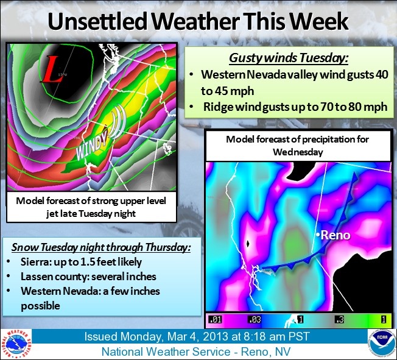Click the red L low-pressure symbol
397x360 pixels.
(x=52, y=69)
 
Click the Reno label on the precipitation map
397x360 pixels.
(x=336, y=235)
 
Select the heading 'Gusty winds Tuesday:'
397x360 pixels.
(x=289, y=58)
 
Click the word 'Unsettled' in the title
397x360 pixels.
(x=97, y=21)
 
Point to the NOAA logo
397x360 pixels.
(x=382, y=344)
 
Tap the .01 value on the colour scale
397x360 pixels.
(x=215, y=319)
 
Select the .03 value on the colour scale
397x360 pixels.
(x=254, y=319)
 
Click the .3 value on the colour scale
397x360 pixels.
(x=339, y=319)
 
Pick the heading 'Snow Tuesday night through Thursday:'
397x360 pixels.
(x=101, y=247)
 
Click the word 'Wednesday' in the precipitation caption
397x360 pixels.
(x=298, y=152)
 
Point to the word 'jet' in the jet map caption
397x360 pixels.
(x=52, y=214)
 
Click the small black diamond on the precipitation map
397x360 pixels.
(x=248, y=244)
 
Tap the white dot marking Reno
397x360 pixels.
(x=317, y=235)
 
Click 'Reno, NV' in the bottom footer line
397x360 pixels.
(x=266, y=352)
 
